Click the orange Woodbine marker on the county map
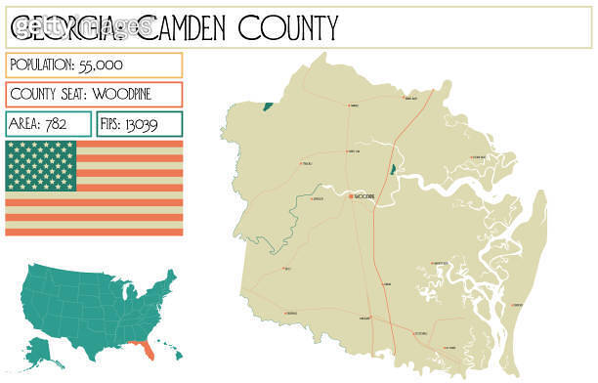tap(351, 196)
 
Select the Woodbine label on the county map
tap(364, 196)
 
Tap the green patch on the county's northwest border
tap(266, 105)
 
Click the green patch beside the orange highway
tap(393, 170)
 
